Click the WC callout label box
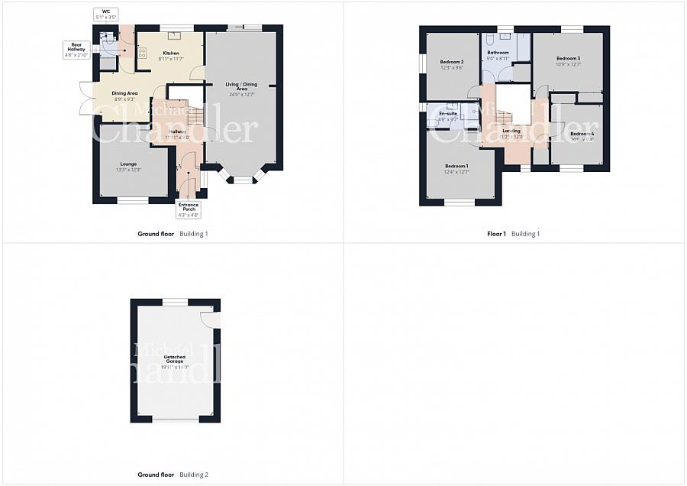click(105, 14)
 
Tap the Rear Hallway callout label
click(77, 50)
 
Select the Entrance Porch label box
click(188, 209)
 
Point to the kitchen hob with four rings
click(141, 53)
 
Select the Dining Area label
click(124, 93)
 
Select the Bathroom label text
click(498, 53)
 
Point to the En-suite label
click(447, 114)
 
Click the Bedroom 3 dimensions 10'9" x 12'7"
click(568, 64)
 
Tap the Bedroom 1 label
click(456, 166)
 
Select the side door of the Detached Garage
click(211, 319)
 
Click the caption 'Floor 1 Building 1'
click(513, 234)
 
